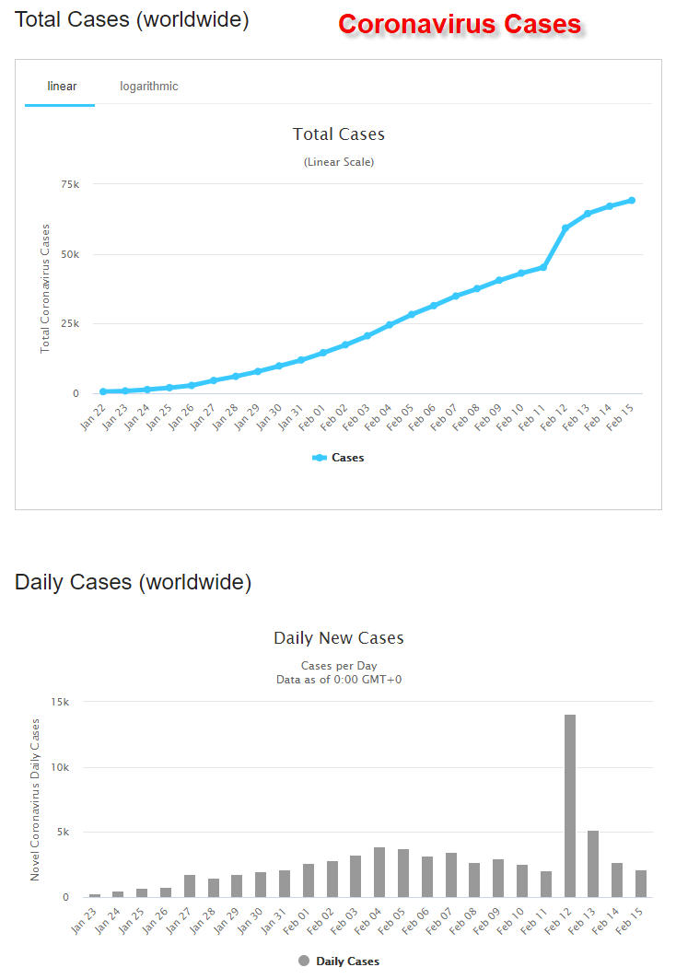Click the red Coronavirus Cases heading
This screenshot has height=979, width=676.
460,24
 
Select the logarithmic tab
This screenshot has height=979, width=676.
148,87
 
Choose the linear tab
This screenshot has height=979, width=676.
62,87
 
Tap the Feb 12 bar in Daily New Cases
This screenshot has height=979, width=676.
570,806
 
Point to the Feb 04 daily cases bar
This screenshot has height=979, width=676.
379,872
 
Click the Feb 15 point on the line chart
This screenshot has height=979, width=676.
632,200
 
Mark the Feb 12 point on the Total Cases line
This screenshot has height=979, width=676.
565,227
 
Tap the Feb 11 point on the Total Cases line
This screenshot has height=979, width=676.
543,267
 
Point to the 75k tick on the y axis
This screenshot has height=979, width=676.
70,185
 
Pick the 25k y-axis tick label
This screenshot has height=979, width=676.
70,324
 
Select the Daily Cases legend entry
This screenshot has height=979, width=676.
338,961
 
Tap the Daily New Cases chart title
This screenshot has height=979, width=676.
338,638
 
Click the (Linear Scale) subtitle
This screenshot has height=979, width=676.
338,162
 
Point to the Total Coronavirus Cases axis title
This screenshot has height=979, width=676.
44,288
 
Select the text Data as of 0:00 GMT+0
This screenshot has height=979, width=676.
338,680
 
